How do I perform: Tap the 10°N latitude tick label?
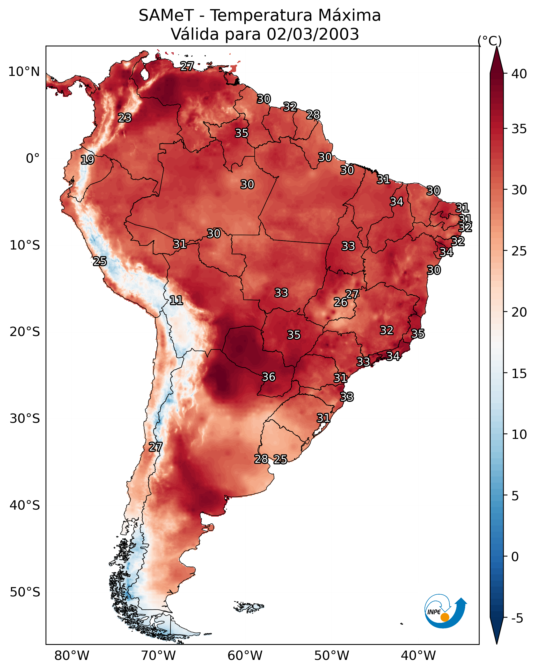24,72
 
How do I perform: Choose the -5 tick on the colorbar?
517,618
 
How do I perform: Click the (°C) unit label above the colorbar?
489,41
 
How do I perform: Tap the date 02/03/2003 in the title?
313,34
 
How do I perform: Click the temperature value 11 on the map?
176,300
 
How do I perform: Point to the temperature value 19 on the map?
87,160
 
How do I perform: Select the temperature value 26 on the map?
341,302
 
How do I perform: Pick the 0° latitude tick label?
33,159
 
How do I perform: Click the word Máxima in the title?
349,16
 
